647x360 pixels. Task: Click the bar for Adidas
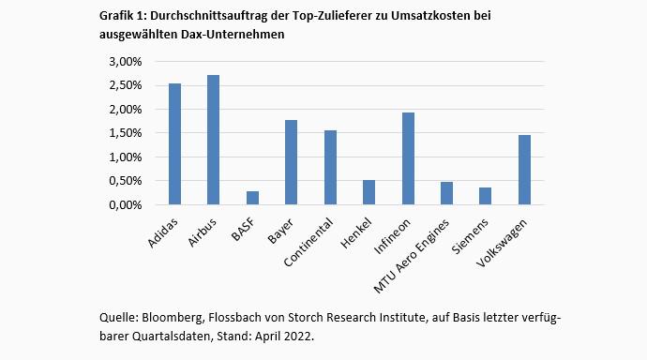pyautogui.click(x=174, y=144)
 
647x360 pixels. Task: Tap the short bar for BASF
pyautogui.click(x=252, y=198)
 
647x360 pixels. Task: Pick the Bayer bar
pyautogui.click(x=291, y=162)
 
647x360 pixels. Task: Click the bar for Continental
pyautogui.click(x=330, y=168)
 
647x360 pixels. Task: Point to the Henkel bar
pyautogui.click(x=369, y=192)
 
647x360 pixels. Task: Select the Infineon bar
pyautogui.click(x=408, y=158)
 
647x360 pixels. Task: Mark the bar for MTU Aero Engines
pyautogui.click(x=446, y=193)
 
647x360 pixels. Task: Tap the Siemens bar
pyautogui.click(x=486, y=196)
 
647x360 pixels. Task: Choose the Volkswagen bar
pyautogui.click(x=524, y=170)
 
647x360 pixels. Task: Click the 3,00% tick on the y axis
pyautogui.click(x=126, y=62)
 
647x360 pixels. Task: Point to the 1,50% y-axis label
pyautogui.click(x=126, y=133)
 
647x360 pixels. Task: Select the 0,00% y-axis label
pyautogui.click(x=126, y=204)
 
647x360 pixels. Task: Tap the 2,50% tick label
pyautogui.click(x=126, y=85)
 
